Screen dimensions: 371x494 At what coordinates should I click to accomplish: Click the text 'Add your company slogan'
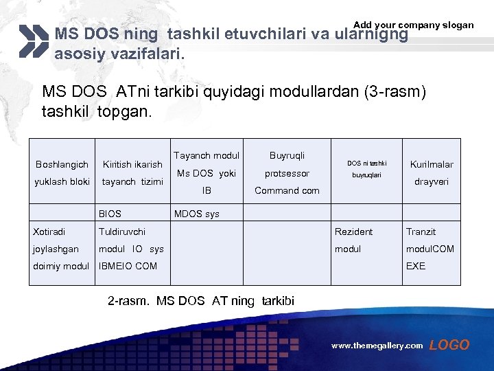(x=413, y=25)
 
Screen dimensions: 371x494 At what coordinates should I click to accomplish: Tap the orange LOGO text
(x=449, y=346)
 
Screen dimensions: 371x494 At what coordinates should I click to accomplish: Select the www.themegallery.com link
(x=377, y=346)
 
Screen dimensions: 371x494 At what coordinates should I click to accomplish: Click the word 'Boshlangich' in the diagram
(x=62, y=164)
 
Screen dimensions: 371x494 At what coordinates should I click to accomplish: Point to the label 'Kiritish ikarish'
(x=132, y=164)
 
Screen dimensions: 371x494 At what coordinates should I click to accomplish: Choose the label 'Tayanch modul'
(x=207, y=156)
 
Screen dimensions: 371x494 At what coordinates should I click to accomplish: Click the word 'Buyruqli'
(x=287, y=156)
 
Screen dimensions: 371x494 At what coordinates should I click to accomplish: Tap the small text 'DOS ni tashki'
(x=366, y=164)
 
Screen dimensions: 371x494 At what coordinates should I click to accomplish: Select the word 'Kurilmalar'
(x=431, y=164)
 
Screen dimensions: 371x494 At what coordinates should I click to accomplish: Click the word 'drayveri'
(x=430, y=181)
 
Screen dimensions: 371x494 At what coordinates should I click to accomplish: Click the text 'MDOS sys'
(x=197, y=214)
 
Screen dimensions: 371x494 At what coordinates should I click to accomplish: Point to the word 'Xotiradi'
(x=50, y=232)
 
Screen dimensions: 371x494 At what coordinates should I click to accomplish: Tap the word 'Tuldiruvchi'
(x=122, y=232)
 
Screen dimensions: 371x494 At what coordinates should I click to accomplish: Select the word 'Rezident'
(x=353, y=232)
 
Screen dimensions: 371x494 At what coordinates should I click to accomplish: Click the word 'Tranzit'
(x=421, y=232)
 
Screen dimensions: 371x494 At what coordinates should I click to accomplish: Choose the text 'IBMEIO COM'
(x=128, y=266)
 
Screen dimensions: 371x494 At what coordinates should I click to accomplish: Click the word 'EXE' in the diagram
(x=416, y=266)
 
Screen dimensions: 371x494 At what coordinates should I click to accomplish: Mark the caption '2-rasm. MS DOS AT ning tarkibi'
(x=201, y=300)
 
